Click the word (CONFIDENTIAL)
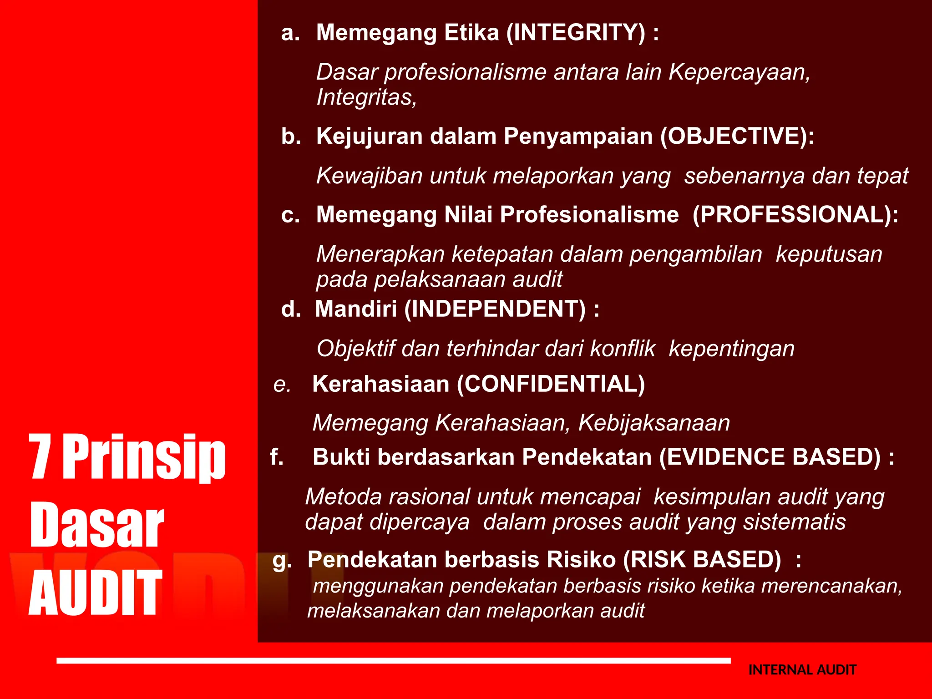tap(551, 384)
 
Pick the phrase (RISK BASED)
tap(702, 559)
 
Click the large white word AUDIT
tap(95, 593)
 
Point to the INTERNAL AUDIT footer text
tap(802, 670)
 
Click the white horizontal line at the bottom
tap(393, 660)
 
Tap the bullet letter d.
tap(290, 309)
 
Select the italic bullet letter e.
tap(282, 385)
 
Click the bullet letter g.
tap(281, 561)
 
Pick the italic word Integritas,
tap(366, 97)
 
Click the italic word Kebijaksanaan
tap(654, 423)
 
